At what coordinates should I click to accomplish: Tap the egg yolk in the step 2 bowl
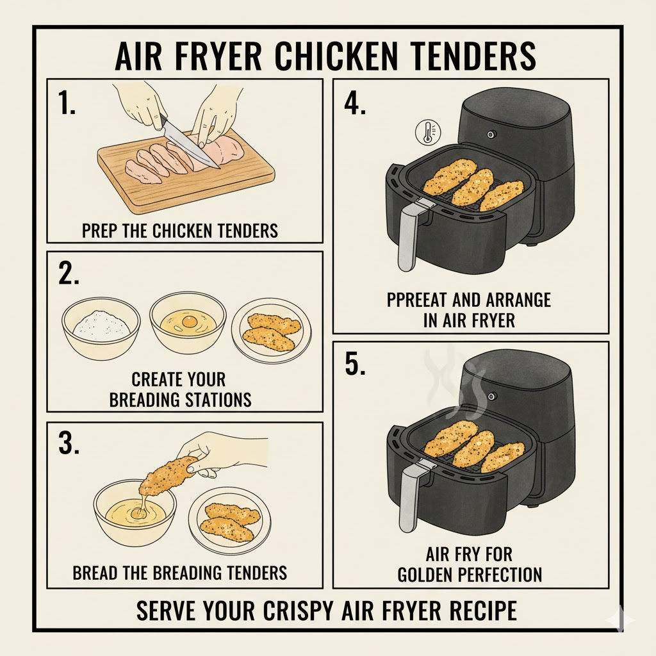[x=190, y=320]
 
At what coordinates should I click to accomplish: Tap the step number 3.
[x=69, y=444]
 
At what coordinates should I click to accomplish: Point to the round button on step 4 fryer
[x=491, y=134]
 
